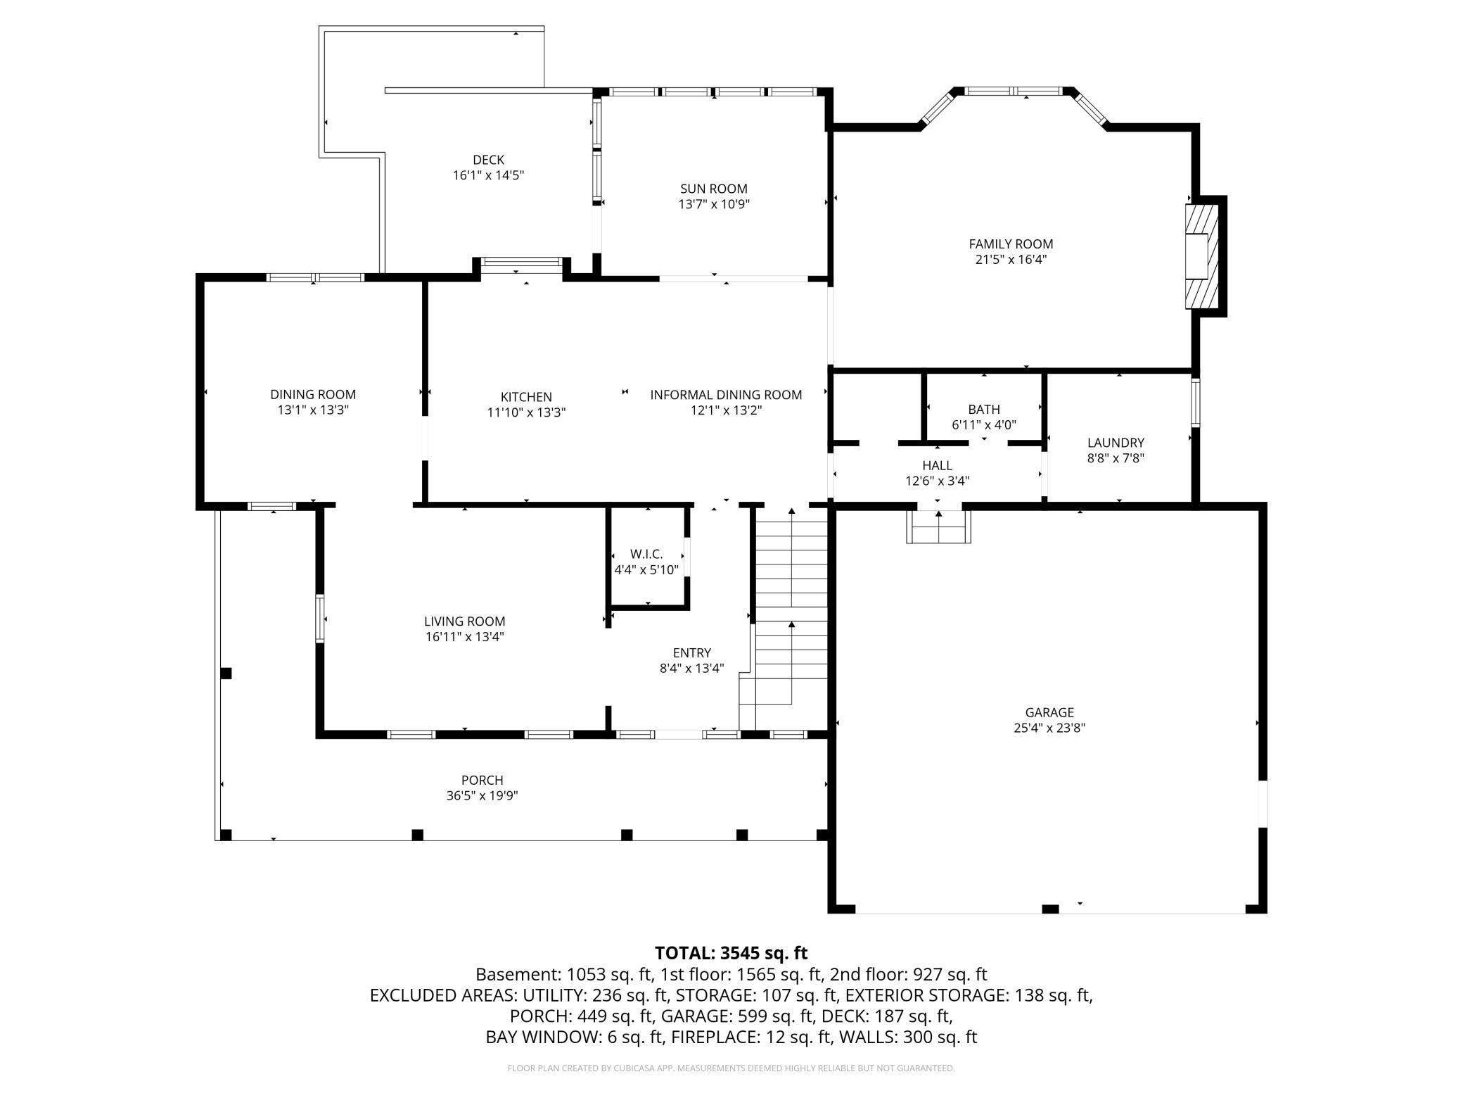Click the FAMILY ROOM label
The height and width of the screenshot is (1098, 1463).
coord(1011,244)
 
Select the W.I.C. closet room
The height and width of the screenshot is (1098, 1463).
coord(646,561)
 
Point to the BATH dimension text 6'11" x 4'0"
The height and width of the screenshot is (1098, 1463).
coord(983,424)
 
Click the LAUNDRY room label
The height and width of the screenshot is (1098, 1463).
coord(1116,443)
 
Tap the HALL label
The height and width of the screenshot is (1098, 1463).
coord(937,465)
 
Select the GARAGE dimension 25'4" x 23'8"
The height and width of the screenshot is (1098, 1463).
coord(1049,728)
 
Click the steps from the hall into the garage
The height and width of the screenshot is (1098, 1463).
coord(938,526)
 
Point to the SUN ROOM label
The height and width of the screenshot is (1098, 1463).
coord(713,189)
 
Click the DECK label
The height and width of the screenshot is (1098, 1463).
coord(488,160)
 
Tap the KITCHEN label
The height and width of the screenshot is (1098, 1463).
coord(526,397)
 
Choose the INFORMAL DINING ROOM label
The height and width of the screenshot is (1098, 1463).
coord(726,395)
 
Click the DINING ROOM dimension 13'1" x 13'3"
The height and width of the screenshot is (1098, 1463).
coord(313,410)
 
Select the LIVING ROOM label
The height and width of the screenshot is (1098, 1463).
coord(464,621)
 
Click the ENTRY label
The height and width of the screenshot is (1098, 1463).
coord(691,652)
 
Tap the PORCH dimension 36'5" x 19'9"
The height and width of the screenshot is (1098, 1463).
coord(482,795)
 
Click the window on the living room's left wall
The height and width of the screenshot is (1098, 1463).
coord(320,619)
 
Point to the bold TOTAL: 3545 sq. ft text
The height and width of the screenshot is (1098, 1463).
coord(731,953)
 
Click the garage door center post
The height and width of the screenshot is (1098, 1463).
coord(1049,909)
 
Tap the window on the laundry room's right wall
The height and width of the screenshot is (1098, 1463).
coord(1195,403)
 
